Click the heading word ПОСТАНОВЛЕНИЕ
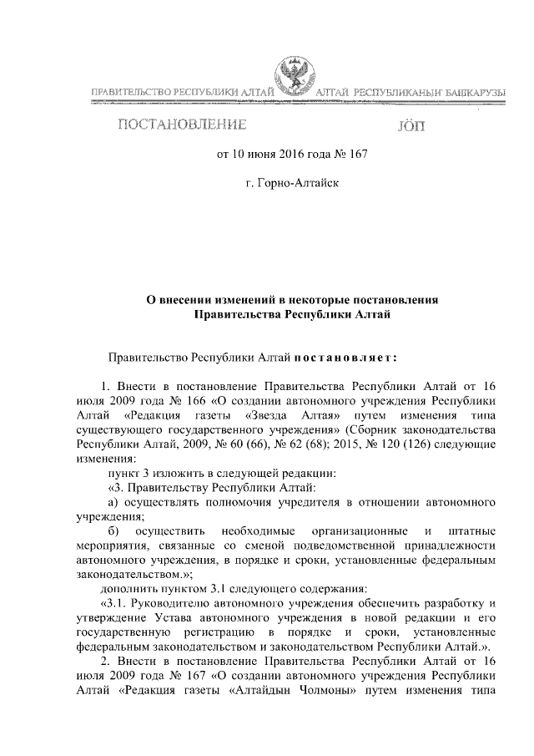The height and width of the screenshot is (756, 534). point(182,127)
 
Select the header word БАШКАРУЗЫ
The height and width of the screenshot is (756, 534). point(470,90)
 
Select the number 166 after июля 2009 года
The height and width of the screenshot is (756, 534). point(189,401)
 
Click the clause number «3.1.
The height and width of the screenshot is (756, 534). point(114,602)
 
